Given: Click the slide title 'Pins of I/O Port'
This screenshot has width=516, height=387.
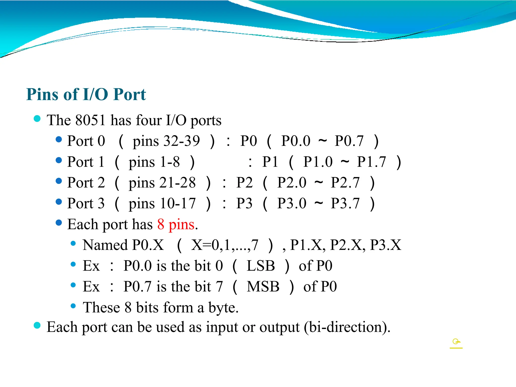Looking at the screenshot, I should point(86,94).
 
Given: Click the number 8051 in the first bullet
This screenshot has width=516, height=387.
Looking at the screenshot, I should point(90,120).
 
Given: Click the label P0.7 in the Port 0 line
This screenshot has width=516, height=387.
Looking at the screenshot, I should point(349,141).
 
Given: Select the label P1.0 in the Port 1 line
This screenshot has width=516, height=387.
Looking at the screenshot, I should point(318,162).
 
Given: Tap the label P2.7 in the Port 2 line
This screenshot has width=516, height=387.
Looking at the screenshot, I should point(345,183).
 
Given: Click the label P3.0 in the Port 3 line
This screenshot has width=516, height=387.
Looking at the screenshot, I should point(292,204).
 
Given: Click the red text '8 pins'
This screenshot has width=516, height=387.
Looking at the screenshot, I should point(176,224).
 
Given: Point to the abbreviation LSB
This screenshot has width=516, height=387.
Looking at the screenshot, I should point(261,266).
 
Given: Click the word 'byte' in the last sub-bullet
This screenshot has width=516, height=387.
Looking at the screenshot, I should point(223,308).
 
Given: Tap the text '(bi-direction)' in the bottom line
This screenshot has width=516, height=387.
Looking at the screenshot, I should point(347,327).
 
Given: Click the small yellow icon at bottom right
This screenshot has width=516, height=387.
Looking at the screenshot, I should point(456,342).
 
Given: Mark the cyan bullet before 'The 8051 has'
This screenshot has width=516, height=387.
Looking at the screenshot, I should point(37,118).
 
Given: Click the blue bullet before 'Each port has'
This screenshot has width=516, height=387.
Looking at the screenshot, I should point(59,223).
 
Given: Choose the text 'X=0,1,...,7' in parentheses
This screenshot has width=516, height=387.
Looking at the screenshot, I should point(224,245).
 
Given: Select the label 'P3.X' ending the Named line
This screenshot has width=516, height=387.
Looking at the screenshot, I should point(385,245).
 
